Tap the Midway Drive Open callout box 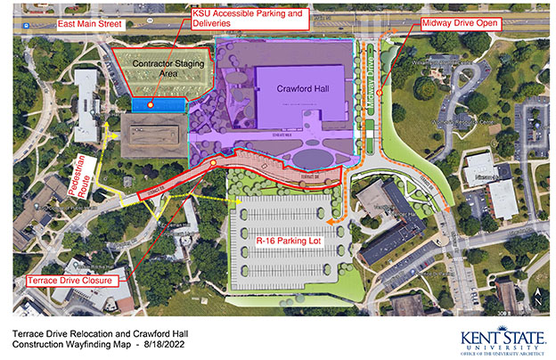pos(460,21)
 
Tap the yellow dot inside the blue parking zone pos(151,105)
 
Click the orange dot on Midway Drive pos(379,91)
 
